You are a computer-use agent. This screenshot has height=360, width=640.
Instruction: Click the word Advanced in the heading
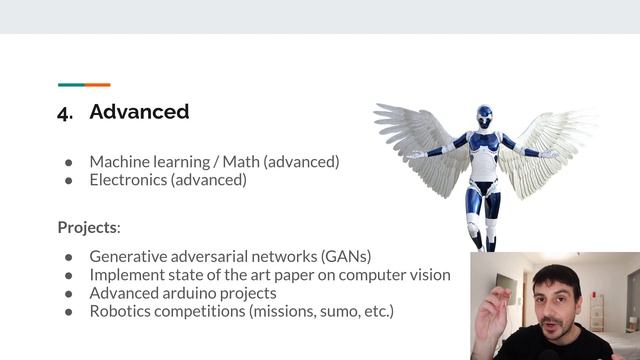[x=139, y=111]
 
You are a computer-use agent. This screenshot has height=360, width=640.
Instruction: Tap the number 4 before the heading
[x=65, y=112]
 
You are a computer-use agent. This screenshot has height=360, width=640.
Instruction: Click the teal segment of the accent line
[x=70, y=85]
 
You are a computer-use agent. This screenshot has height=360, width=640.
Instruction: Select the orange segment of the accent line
[x=97, y=85]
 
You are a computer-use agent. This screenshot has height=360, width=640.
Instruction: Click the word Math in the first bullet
[x=239, y=161]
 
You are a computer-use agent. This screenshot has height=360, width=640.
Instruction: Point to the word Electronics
[x=127, y=180]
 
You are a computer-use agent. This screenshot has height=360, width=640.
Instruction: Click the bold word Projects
[x=87, y=227]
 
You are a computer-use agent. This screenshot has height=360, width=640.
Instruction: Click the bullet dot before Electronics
[x=69, y=181]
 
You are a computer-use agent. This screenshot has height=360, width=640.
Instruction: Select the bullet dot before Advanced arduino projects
[x=69, y=294]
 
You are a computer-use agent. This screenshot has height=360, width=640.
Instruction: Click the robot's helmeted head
[x=484, y=116]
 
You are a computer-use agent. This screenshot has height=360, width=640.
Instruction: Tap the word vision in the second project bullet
[x=428, y=274]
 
